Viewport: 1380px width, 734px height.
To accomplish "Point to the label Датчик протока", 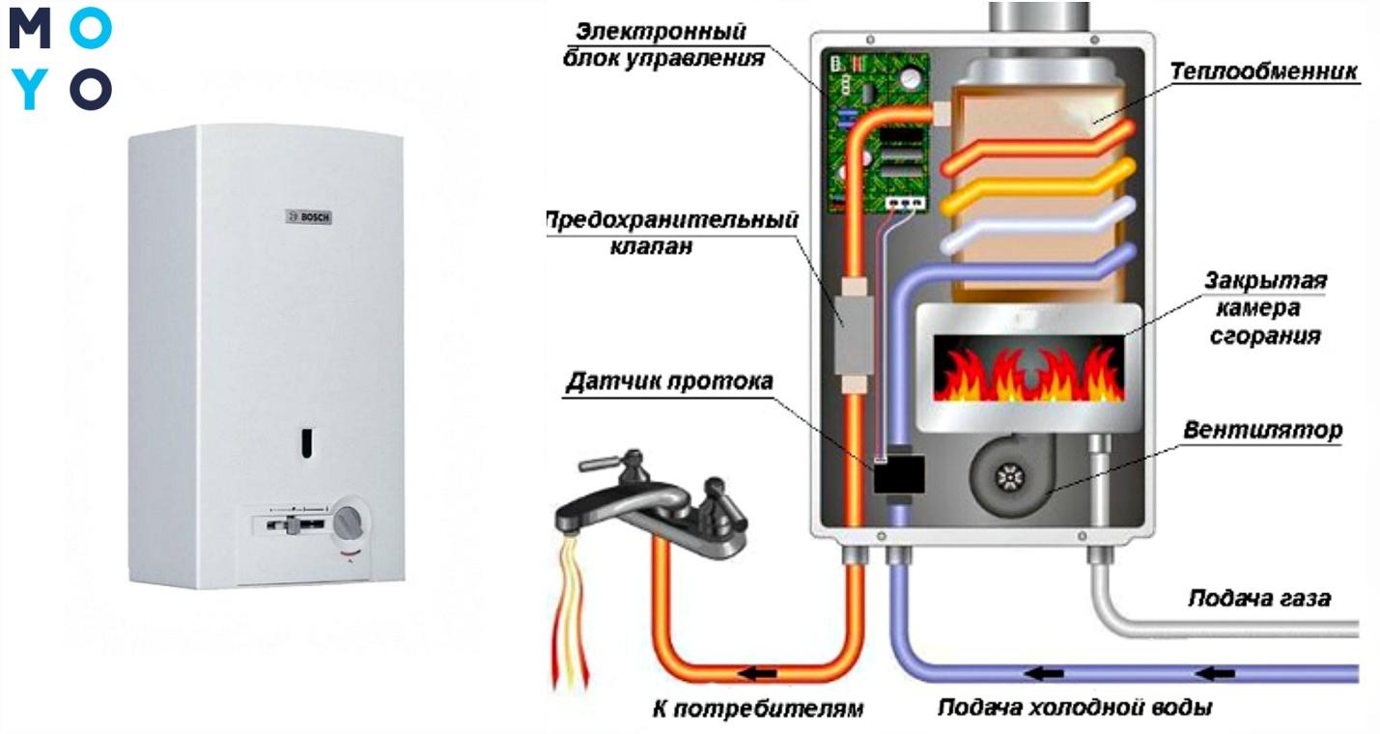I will pos(668,381).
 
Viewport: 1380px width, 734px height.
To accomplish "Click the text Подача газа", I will pos(1258,599).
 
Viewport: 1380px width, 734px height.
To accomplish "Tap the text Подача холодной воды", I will pos(1074,708).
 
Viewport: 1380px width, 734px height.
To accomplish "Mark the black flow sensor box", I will pos(899,473).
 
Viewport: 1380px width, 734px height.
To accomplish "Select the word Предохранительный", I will pos(672,220).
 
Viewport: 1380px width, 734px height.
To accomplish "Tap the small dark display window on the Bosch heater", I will pos(305,440).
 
